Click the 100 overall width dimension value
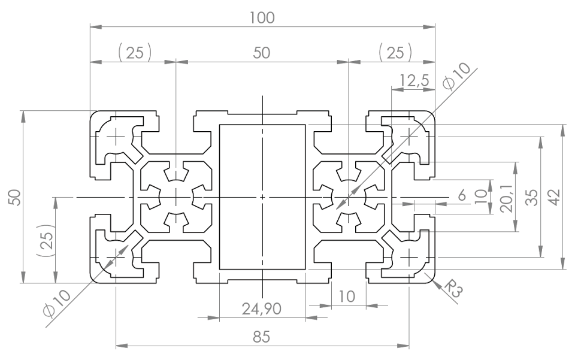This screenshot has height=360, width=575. coord(262,17)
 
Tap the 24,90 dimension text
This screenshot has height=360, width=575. coord(262,308)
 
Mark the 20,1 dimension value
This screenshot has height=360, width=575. coord(507,197)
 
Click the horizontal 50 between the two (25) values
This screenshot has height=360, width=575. coord(262,53)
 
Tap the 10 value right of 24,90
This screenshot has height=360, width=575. coord(347,296)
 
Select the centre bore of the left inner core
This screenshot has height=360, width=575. coord(176,197)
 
